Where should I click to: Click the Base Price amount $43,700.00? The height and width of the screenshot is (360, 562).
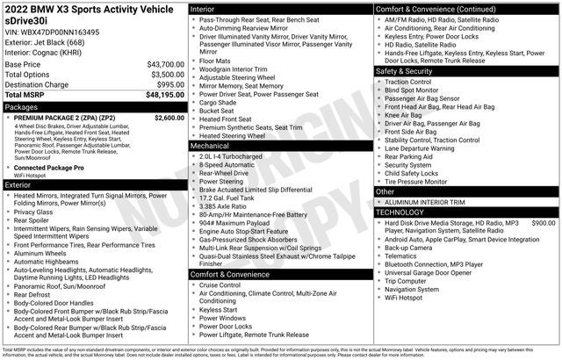pos(159,65)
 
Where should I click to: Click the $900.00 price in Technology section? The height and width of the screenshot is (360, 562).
pos(543,223)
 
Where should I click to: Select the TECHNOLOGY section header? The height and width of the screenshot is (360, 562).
pos(406,212)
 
